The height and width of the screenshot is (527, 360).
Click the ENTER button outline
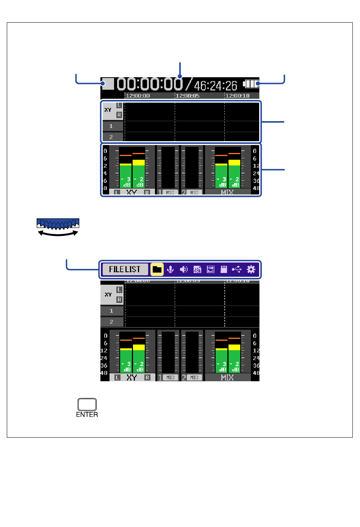pos(87,404)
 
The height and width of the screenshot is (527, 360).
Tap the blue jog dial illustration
pos(58,224)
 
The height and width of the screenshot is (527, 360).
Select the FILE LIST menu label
pos(125,269)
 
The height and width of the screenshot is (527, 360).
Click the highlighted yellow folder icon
pos(157,269)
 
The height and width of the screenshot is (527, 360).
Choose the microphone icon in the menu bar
pos(171,269)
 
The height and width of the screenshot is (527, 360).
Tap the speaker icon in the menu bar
pos(184,269)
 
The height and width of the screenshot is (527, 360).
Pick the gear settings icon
pos(251,269)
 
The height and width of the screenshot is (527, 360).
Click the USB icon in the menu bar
pos(237,269)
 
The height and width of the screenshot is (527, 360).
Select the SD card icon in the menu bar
pos(224,269)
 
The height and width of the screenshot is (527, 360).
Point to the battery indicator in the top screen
pos(251,84)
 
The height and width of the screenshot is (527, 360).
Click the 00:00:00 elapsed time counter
pos(150,84)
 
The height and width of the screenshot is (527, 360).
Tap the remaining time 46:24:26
pos(216,86)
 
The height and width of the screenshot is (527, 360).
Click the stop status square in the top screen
pos(108,84)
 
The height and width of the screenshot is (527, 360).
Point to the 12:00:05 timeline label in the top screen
pos(188,96)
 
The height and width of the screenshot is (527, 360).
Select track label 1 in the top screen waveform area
pos(111,126)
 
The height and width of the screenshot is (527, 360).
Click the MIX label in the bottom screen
pos(227,377)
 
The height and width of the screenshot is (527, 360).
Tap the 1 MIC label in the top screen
pos(168,193)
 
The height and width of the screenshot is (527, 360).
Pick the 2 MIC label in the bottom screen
pos(192,377)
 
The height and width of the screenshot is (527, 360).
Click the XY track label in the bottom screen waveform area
pos(108,295)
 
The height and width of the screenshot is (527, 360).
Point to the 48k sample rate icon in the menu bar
pos(197,269)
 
